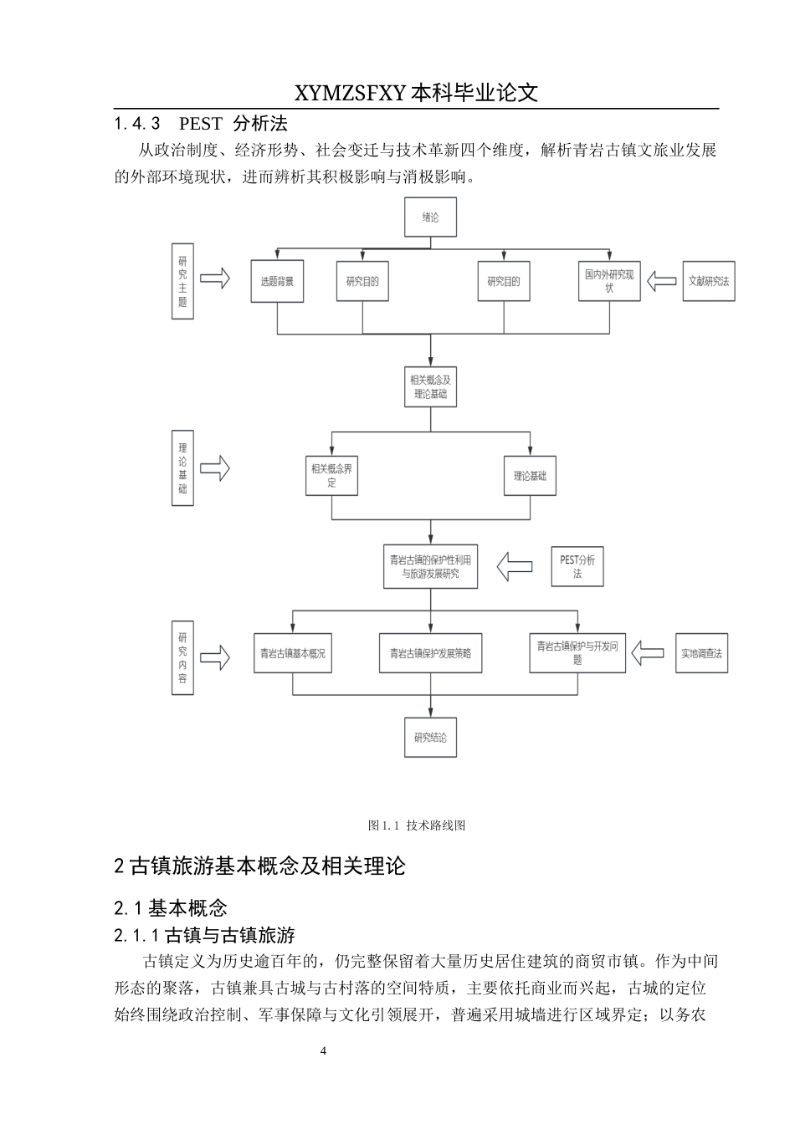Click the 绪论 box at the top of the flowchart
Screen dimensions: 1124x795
click(x=430, y=217)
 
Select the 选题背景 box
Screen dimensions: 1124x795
click(x=277, y=281)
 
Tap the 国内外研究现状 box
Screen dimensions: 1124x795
click(x=610, y=281)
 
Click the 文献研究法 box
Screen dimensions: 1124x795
click(x=709, y=281)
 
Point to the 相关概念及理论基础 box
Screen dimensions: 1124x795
click(x=430, y=386)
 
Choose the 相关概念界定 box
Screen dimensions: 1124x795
click(x=332, y=475)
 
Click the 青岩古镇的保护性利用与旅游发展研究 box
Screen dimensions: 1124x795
click(x=430, y=567)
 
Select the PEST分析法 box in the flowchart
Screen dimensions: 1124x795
click(x=577, y=567)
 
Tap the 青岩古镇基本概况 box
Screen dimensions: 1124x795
click(x=292, y=653)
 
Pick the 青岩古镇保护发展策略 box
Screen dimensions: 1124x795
click(x=430, y=653)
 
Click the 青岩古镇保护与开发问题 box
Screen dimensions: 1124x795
click(x=577, y=652)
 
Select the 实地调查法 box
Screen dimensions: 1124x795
click(x=701, y=653)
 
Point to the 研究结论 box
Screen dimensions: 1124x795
click(x=430, y=738)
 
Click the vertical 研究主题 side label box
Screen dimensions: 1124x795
click(x=182, y=281)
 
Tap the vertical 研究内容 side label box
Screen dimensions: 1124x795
click(x=182, y=657)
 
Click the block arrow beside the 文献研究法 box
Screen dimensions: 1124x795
click(x=664, y=281)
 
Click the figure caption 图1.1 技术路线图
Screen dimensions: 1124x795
click(x=416, y=825)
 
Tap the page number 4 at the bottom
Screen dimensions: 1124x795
click(x=324, y=1051)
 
